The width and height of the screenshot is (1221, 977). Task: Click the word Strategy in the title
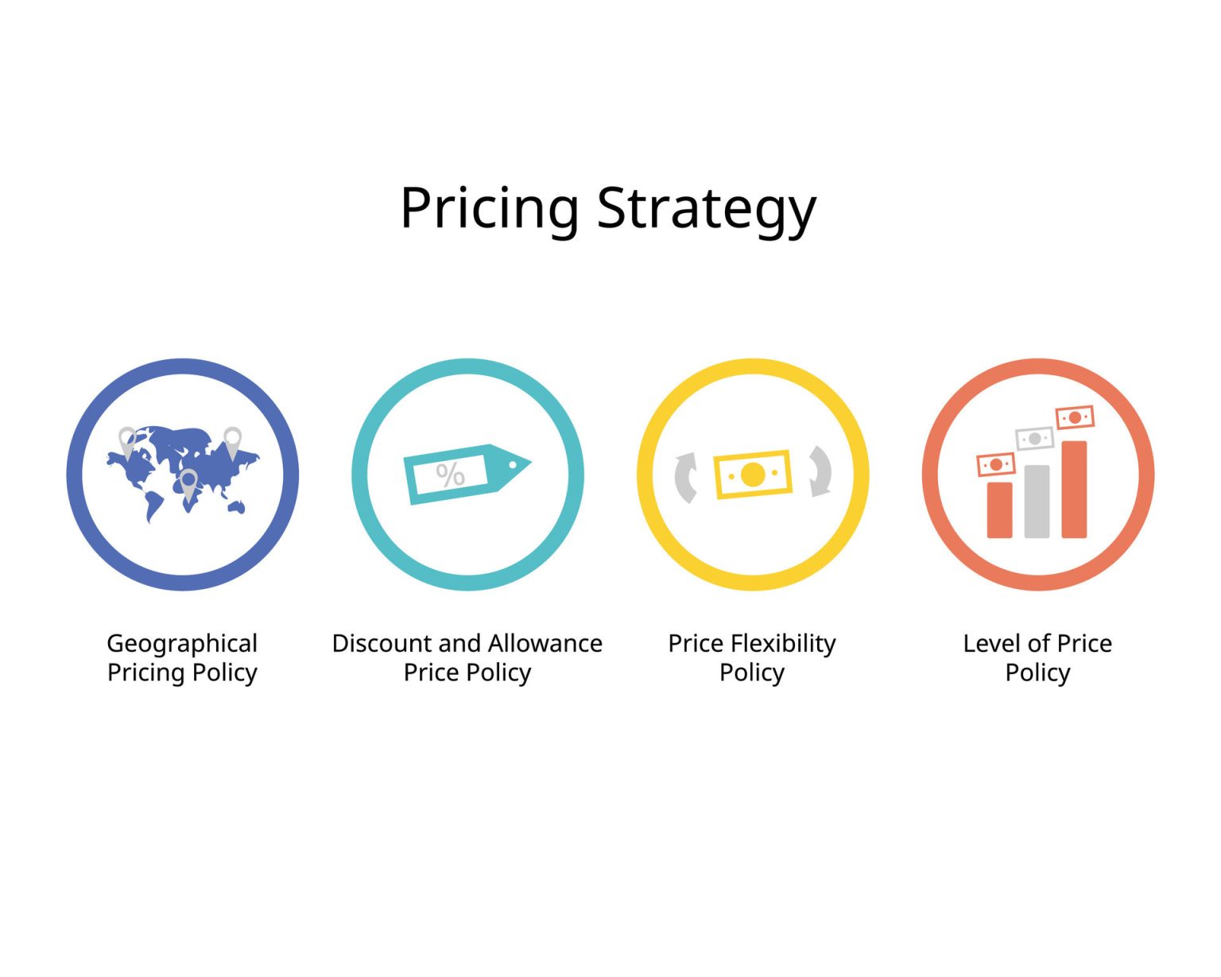[706, 208]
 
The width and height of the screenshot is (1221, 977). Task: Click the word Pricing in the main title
[489, 208]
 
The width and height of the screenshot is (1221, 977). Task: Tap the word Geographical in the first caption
[182, 643]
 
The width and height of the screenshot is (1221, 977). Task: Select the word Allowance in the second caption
[545, 643]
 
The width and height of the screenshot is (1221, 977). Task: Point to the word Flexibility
[783, 643]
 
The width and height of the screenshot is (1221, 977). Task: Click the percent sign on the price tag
[450, 475]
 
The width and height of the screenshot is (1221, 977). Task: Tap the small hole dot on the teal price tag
[514, 464]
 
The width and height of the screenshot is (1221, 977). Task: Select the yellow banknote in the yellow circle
[753, 475]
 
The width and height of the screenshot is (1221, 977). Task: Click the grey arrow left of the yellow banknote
[685, 477]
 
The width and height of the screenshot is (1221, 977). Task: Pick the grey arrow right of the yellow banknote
[820, 471]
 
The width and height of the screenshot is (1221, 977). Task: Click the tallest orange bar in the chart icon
[1074, 489]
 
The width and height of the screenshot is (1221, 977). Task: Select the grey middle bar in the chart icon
[1037, 502]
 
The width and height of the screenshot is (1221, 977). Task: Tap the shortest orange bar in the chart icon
[999, 510]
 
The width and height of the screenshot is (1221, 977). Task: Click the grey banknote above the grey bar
[1035, 439]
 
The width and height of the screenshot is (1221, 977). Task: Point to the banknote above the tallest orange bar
[1075, 417]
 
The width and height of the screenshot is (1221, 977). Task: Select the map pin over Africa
[188, 483]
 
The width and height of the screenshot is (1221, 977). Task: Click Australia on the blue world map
[235, 506]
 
